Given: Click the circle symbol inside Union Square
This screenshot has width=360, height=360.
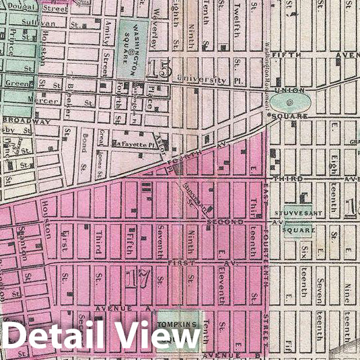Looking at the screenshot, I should tap(289, 103).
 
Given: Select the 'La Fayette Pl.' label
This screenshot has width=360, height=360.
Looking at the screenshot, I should tap(139, 144).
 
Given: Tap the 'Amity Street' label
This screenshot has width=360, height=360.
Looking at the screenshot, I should tap(106, 57).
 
